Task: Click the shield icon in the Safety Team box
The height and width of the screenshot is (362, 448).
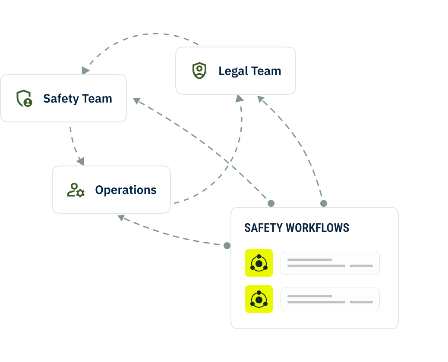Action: pos(24,98)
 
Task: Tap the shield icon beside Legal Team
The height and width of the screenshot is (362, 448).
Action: pos(199,71)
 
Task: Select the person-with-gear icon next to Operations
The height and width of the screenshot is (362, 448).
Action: pos(76,190)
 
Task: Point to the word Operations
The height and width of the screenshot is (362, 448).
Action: pos(126,190)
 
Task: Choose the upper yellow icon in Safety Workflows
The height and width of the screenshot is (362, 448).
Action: pos(259,263)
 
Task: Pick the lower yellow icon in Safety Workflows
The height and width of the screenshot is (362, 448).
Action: pos(259,299)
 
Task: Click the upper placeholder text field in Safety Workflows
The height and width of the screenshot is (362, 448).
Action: pos(330,263)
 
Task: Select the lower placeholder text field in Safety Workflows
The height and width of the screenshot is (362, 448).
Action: pos(330,299)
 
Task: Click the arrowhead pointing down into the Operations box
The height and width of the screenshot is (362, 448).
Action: pos(80,162)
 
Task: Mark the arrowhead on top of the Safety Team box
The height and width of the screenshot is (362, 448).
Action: pos(86,70)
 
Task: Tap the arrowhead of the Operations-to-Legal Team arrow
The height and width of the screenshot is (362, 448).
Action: pos(240,98)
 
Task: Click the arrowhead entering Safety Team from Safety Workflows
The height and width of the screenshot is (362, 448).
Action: pos(137,101)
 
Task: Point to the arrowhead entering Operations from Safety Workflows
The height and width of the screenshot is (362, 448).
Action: pos(121,218)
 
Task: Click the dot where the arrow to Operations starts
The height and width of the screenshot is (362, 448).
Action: pos(227,246)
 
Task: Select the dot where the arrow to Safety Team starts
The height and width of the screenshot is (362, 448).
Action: pos(271,203)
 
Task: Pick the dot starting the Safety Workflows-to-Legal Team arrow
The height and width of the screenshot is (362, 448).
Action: pos(323,203)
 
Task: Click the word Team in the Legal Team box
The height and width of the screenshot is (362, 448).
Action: pos(266,71)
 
